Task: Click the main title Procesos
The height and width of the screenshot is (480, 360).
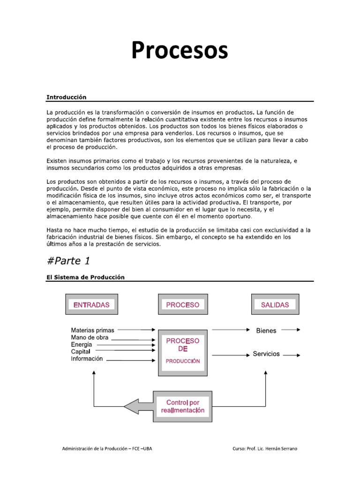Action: (x=180, y=51)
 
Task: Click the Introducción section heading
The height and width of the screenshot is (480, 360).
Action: (x=67, y=97)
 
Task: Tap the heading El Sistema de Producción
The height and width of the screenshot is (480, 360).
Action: (x=85, y=277)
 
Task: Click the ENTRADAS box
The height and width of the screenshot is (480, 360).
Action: (x=91, y=305)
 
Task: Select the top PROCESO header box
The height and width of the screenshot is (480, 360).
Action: (x=183, y=305)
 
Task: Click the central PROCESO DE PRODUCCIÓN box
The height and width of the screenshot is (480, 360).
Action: (x=183, y=351)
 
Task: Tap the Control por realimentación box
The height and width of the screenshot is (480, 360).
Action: (x=183, y=406)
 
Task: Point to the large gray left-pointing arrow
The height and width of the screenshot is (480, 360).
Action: (x=139, y=406)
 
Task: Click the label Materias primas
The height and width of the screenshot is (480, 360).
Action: (x=92, y=330)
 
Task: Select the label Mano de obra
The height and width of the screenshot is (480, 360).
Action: (x=90, y=337)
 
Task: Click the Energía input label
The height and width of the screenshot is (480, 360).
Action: (x=82, y=345)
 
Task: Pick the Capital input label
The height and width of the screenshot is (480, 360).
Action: (x=81, y=352)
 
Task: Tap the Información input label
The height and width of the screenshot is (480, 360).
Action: (x=87, y=359)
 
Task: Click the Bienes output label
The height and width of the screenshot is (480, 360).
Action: (x=266, y=330)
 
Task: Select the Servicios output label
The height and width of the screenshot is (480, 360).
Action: (x=266, y=354)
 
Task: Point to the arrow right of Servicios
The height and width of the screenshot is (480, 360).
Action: (x=292, y=355)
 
